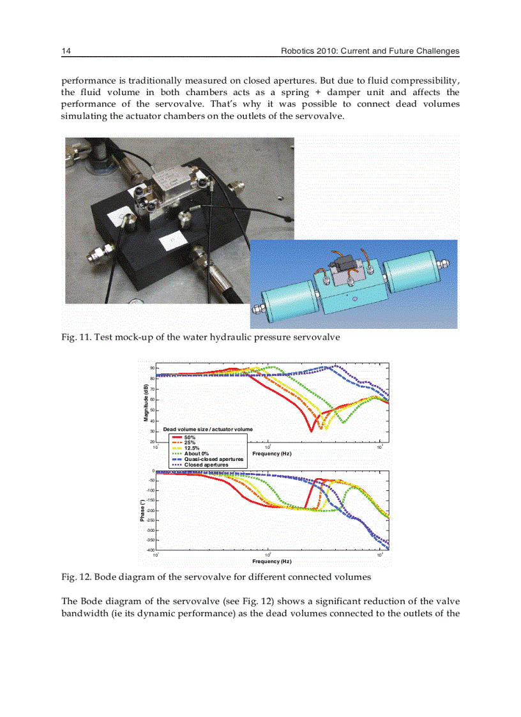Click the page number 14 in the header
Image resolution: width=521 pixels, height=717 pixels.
(x=65, y=51)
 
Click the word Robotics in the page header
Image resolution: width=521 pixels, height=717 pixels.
(x=298, y=51)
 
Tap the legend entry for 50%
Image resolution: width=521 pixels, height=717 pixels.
(x=190, y=437)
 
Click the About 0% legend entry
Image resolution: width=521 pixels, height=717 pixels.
(x=196, y=454)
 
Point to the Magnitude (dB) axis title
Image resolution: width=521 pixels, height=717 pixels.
(x=146, y=402)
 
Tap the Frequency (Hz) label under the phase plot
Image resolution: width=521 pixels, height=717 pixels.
(x=271, y=561)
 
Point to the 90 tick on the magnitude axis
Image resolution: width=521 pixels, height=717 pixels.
(x=152, y=368)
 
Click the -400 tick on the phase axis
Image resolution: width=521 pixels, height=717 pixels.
(x=150, y=550)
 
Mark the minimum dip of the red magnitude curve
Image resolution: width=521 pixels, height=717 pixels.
(x=311, y=431)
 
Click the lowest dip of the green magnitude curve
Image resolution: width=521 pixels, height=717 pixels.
(x=345, y=422)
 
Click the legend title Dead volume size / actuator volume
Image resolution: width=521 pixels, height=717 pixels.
(x=208, y=429)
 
